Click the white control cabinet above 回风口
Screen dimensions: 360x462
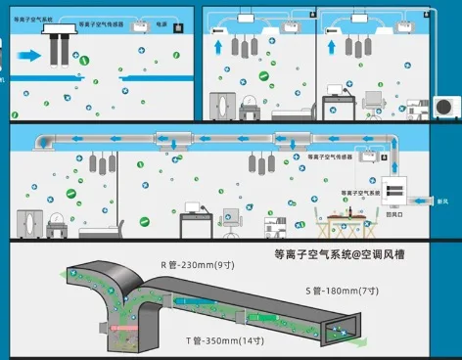click(x=397, y=191)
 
